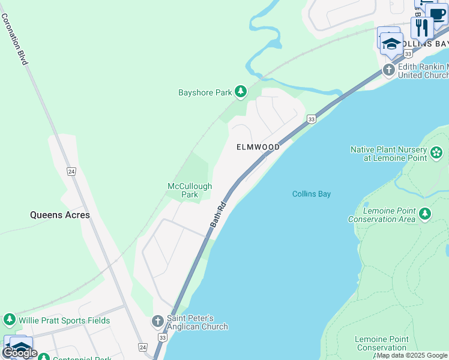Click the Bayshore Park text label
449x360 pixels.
205,93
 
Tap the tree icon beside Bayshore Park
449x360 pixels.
241,92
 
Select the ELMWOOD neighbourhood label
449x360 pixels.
258,147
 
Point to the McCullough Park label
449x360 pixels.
190,190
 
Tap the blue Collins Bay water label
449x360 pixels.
312,194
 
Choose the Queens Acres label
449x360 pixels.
60,215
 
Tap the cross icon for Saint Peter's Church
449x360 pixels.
158,322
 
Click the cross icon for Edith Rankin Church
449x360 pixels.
389,71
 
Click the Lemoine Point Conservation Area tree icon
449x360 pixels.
425,214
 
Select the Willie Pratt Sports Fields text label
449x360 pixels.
64,320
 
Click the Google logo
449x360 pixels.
20,353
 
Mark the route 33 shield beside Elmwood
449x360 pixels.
311,119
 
